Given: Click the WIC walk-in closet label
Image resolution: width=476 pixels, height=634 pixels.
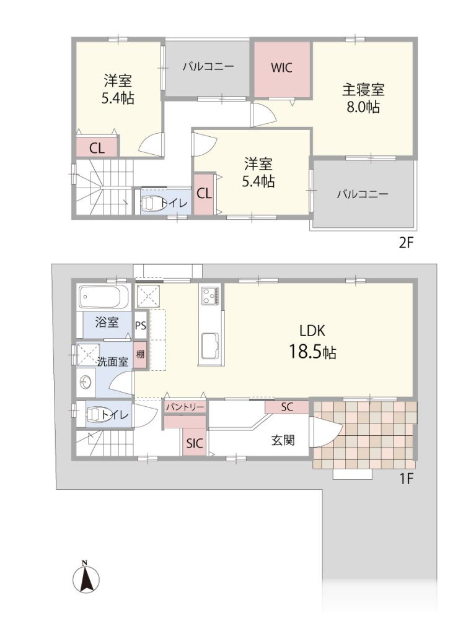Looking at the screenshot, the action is click(x=282, y=67).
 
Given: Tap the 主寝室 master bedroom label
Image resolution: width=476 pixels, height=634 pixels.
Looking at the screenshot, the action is click(x=363, y=89).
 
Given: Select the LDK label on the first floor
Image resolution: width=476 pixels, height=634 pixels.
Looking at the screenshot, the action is click(x=312, y=331).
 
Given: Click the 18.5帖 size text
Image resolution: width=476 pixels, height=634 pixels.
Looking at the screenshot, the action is click(x=312, y=352).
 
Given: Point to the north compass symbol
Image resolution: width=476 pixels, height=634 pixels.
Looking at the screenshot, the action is click(x=86, y=576).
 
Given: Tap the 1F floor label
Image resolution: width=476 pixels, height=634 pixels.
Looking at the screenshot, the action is click(x=406, y=479).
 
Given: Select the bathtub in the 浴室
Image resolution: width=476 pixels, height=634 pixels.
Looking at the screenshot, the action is click(x=104, y=297).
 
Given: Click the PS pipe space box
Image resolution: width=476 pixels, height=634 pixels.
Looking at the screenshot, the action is click(x=141, y=326).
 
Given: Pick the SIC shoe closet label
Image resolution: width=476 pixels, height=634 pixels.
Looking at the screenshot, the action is click(x=194, y=443).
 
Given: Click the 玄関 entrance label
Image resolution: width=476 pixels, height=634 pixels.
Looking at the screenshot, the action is click(x=283, y=440).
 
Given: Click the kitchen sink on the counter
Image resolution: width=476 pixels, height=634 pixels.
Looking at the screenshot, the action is click(x=211, y=345).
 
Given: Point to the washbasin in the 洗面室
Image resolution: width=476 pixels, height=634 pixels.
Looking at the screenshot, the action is click(x=86, y=381).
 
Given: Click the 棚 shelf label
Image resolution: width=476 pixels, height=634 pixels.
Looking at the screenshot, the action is click(x=141, y=355).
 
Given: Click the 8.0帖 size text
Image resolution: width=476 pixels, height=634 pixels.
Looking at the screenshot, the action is click(x=363, y=107).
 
